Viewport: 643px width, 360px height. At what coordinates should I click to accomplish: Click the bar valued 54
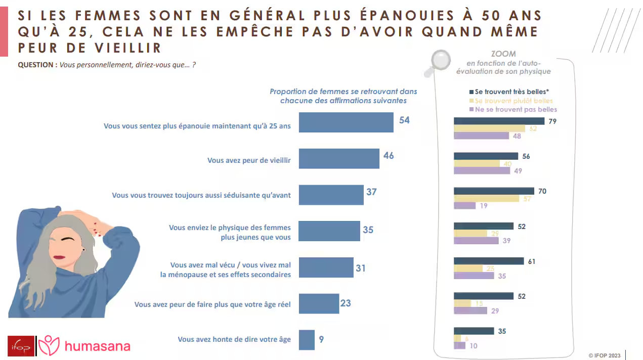coord(346,122)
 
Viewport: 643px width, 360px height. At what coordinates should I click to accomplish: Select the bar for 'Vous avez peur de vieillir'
coord(339,159)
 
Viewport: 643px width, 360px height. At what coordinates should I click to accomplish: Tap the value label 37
coord(371,192)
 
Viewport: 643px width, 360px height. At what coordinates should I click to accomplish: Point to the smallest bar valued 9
coord(307,340)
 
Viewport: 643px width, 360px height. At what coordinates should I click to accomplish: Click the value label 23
coord(346,303)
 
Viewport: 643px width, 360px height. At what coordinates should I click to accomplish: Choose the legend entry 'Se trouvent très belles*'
coord(512,92)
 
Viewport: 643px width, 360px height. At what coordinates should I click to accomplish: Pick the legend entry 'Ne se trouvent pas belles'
coord(516,109)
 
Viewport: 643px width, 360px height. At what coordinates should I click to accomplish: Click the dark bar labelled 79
coord(499,121)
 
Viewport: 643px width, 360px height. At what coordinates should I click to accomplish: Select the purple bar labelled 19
coord(465,206)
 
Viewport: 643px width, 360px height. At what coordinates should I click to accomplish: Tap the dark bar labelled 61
coord(489,261)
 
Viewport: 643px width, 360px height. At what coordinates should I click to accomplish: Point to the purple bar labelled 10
coord(460,346)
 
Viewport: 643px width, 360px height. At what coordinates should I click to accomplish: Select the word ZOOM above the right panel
coord(503,54)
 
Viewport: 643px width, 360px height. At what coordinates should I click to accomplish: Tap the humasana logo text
coord(98,346)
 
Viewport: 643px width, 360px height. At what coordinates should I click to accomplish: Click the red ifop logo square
coord(21,347)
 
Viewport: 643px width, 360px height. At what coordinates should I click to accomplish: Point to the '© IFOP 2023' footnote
coord(605,355)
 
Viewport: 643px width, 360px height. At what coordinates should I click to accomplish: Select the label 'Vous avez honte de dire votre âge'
coord(234,340)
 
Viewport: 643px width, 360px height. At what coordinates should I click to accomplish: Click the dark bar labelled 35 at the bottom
coord(474,331)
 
